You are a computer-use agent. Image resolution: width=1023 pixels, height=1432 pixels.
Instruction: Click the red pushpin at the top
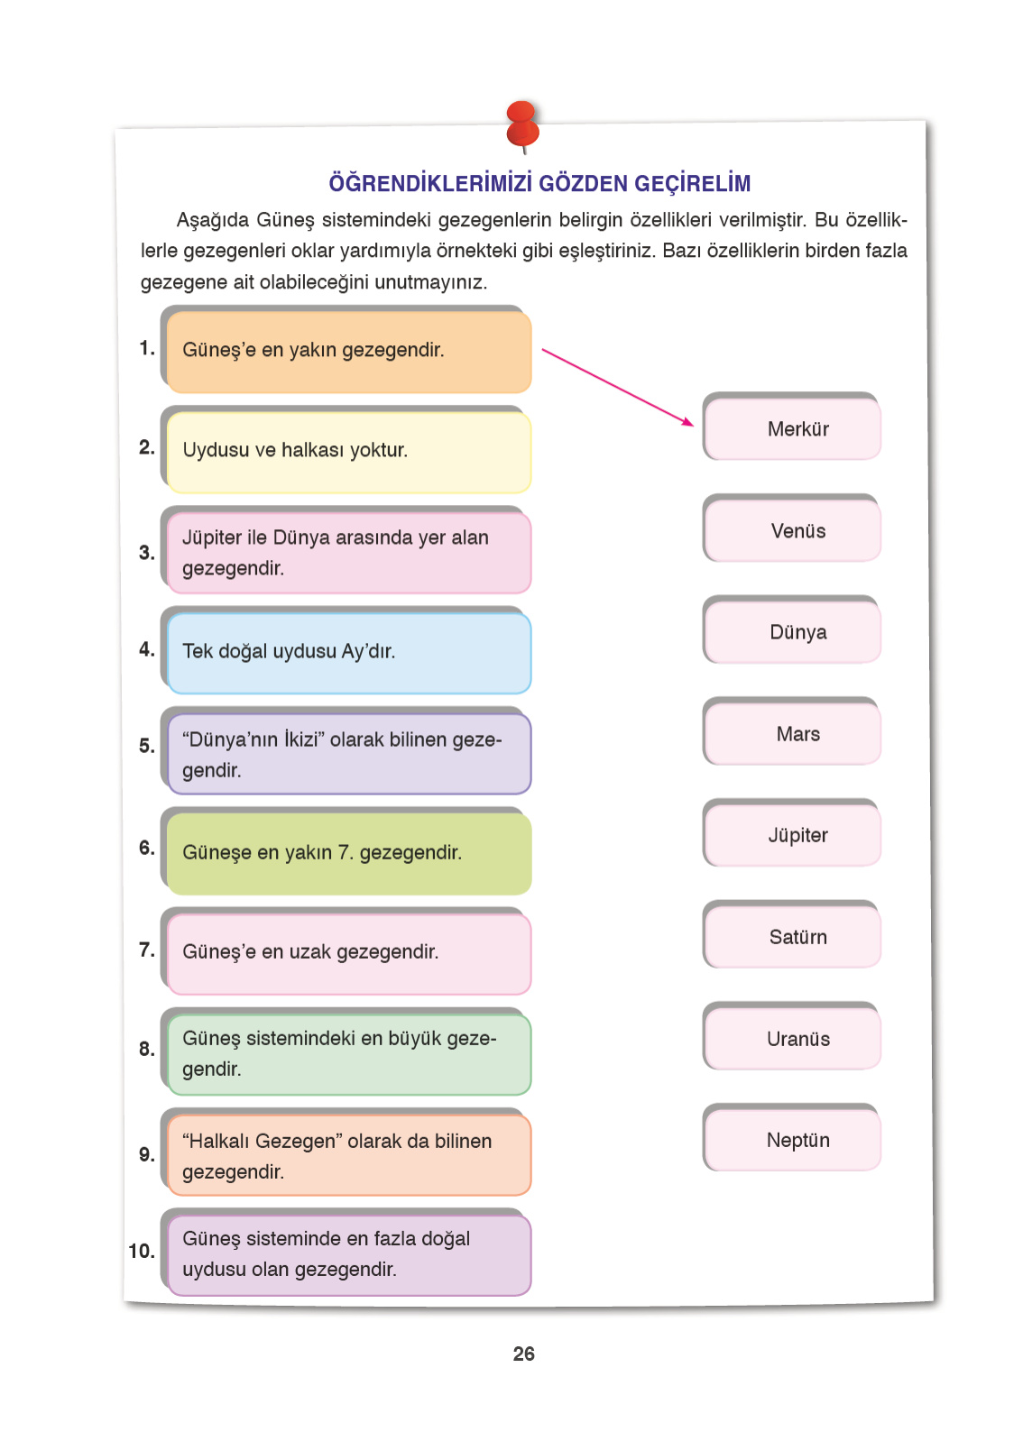point(522,124)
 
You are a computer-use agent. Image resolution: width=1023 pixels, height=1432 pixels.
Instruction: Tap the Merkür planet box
point(797,429)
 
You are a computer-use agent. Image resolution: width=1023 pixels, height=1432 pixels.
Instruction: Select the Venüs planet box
point(797,531)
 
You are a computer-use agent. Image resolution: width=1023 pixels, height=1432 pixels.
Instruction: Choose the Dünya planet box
point(797,632)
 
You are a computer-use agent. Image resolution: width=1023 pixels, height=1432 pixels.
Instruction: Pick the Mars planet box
point(797,734)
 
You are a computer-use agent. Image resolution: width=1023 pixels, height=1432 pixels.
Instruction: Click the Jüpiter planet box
point(797,835)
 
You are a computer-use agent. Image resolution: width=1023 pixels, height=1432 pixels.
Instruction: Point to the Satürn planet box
point(797,937)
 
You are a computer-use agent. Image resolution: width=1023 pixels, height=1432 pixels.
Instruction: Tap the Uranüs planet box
point(797,1039)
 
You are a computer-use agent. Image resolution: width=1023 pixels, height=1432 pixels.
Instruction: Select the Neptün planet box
point(797,1140)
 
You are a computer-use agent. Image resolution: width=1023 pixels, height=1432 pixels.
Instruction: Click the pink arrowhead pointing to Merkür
point(688,421)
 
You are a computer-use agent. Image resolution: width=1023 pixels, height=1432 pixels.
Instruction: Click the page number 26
point(523,1354)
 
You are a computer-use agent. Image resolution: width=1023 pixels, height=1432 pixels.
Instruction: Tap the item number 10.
point(142,1251)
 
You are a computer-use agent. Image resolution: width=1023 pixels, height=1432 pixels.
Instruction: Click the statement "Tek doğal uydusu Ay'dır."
point(289,651)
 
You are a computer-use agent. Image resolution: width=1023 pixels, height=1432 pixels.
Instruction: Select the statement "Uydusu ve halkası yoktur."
point(295,450)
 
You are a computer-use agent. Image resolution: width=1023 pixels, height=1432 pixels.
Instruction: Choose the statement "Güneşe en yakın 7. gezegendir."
point(322,852)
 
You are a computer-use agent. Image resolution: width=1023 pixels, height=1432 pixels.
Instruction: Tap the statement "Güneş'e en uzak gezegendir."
point(310,951)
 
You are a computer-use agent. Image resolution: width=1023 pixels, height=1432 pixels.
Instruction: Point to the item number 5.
point(146,746)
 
